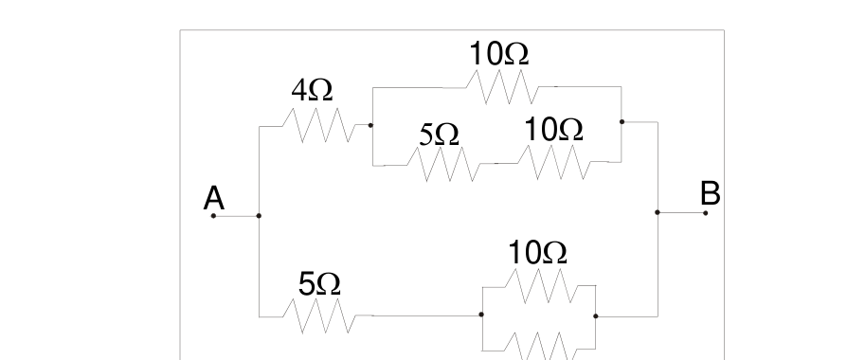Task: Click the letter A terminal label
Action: [214, 198]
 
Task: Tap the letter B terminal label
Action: [711, 193]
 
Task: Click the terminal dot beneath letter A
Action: [213, 216]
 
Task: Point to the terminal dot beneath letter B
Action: [705, 213]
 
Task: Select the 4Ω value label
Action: [313, 90]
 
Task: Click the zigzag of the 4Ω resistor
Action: [318, 125]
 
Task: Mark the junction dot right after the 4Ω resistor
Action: [370, 125]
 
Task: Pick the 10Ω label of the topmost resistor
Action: [498, 54]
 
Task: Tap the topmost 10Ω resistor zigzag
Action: [502, 86]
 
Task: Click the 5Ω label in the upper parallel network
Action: [440, 135]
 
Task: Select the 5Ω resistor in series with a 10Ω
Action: [444, 164]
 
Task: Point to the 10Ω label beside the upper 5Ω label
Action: [553, 130]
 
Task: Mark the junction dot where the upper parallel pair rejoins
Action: [622, 121]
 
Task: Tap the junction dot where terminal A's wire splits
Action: [259, 216]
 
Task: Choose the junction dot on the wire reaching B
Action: [658, 212]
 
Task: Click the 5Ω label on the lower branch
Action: [319, 284]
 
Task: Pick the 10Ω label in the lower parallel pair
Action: [538, 253]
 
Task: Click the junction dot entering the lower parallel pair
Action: [481, 315]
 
